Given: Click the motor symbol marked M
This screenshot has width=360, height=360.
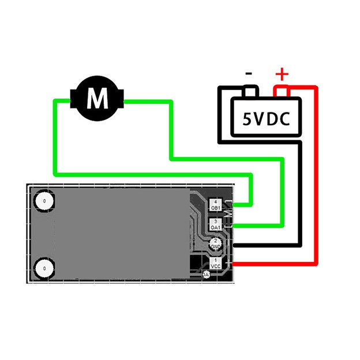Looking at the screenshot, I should click(97, 99).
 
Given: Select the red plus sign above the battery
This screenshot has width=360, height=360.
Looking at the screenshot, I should click(281, 74).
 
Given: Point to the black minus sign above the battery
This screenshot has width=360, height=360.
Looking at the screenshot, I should click(249, 74).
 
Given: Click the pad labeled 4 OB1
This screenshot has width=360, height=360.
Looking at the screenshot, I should click(216, 204).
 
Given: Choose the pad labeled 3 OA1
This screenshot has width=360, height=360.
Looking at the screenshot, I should click(216, 224).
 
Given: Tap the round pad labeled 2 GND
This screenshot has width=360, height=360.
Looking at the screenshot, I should click(216, 243).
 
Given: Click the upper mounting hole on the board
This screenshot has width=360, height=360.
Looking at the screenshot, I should click(44, 201).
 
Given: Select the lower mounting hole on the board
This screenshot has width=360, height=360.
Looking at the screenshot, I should click(44, 268).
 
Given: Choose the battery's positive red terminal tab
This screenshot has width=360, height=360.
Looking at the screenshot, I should click(282, 92).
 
